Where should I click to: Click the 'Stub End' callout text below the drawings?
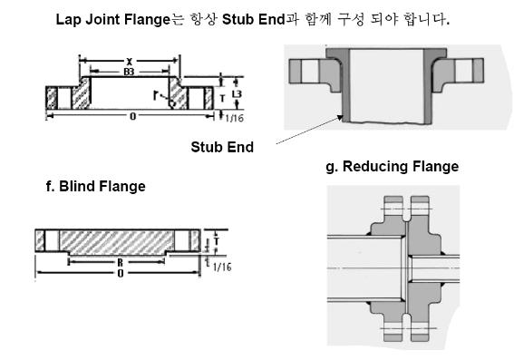(222, 146)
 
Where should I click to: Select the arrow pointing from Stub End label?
(308, 131)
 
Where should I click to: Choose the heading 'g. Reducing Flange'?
(392, 167)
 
